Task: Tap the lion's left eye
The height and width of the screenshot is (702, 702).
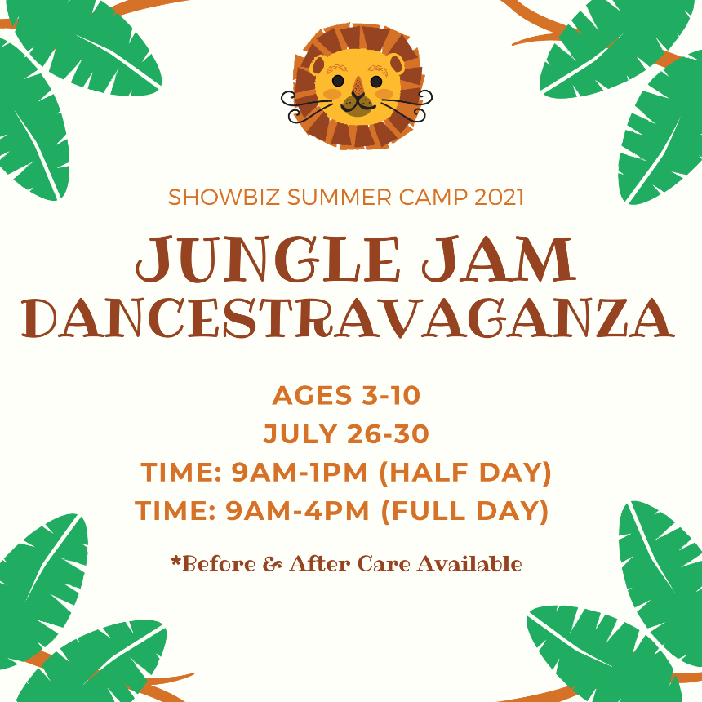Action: point(338,81)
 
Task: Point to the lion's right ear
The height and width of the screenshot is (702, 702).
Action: point(395,63)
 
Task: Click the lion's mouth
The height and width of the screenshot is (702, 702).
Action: point(358,104)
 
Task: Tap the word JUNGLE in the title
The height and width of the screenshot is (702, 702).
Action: point(267,260)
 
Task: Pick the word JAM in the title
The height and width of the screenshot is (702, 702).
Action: point(499,260)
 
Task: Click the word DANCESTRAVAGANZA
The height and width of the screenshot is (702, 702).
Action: point(348,318)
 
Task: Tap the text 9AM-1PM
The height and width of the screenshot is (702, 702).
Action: point(299,473)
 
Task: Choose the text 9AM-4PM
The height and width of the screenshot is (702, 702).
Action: point(297,511)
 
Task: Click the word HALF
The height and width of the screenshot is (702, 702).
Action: point(429,473)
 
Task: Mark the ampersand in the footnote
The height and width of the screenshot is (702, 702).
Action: point(272,564)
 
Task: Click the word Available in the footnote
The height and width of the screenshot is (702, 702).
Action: point(469,563)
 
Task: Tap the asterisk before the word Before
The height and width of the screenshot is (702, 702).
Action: point(176,561)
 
